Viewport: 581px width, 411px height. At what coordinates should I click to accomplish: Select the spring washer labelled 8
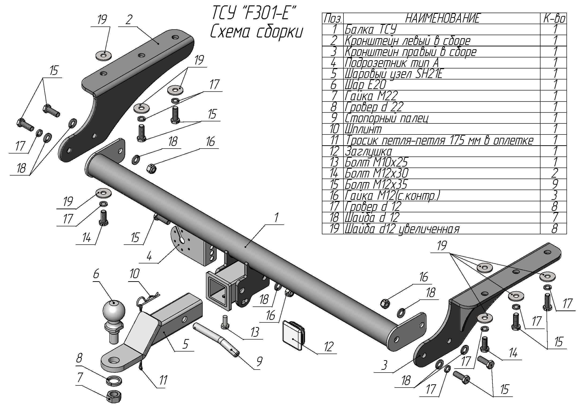coord(114,380)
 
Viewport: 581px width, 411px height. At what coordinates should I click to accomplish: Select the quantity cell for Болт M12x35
coord(554,184)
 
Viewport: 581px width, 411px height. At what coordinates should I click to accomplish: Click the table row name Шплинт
coord(363,129)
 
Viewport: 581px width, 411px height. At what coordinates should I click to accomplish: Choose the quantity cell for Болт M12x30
coord(554,173)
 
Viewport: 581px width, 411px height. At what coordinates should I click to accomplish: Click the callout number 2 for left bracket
coord(129,19)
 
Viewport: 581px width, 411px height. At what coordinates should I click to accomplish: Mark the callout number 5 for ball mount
coord(186,344)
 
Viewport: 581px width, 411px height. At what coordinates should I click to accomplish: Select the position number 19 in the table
coord(334,229)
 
